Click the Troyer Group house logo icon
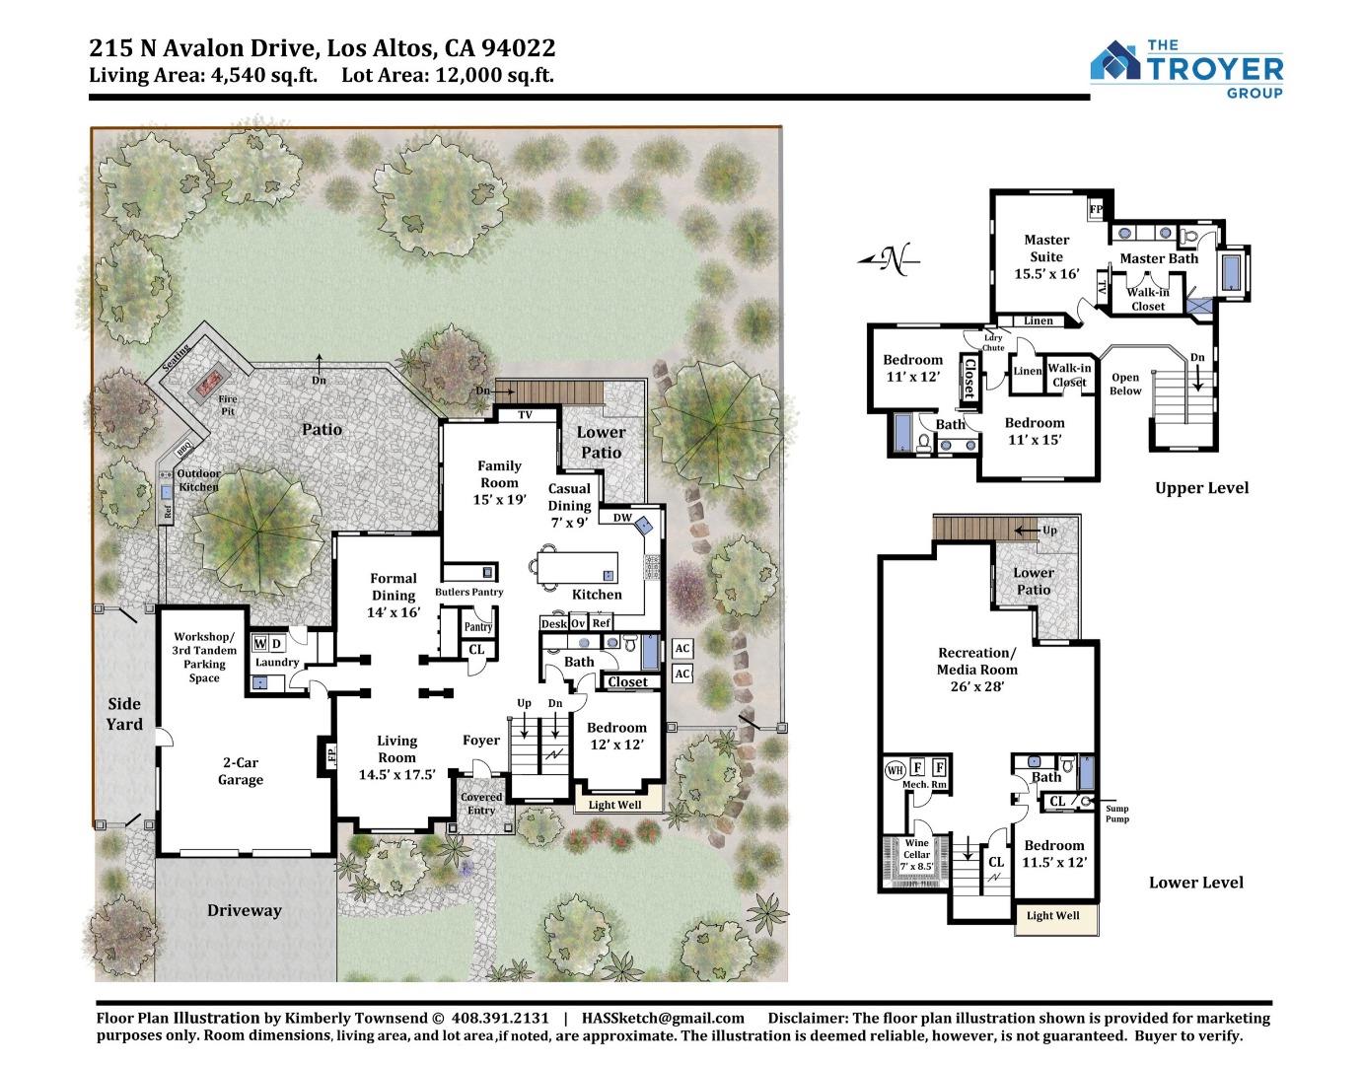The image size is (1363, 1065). coord(1115,60)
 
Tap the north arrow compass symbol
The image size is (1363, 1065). coord(889,259)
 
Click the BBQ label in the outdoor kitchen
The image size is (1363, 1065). coord(183,450)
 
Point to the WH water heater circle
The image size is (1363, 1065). coord(895,770)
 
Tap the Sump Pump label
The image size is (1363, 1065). coord(1117,814)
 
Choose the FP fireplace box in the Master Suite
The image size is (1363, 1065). coord(1095,209)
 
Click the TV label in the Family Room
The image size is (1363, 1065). coord(525,414)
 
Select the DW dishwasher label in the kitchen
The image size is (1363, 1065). coord(622,517)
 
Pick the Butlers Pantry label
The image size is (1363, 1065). coord(469,592)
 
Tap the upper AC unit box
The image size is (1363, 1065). coord(681,648)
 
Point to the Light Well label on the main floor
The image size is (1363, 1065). coord(614,805)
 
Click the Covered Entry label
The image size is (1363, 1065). coord(481,804)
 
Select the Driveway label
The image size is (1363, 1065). coord(244,910)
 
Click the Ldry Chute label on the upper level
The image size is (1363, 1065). coord(993,342)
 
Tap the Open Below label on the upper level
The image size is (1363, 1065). coord(1125,384)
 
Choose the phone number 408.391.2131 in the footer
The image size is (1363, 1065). coord(500,1018)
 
